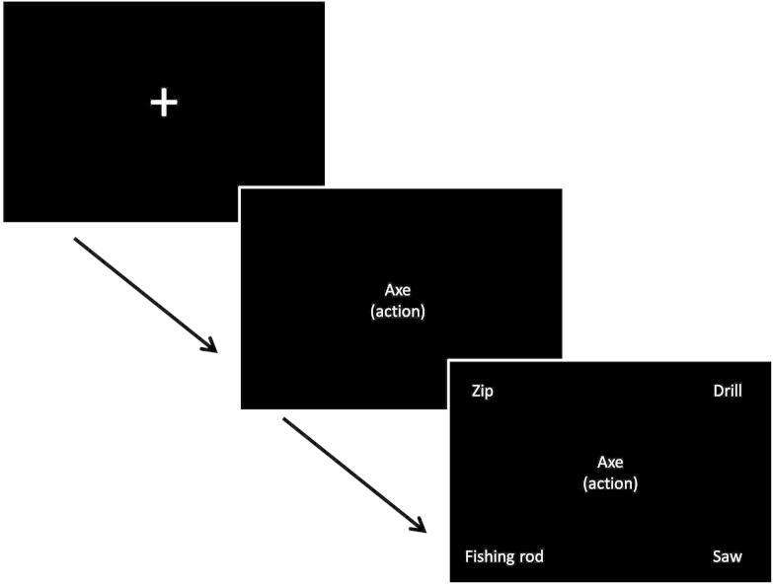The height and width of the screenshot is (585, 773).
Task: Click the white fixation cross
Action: click(x=163, y=103)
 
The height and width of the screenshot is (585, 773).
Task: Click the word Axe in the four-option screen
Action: click(x=610, y=463)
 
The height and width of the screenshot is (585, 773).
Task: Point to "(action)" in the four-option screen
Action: click(x=610, y=483)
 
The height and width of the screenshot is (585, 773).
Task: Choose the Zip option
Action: click(x=482, y=392)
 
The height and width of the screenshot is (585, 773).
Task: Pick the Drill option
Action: click(x=727, y=392)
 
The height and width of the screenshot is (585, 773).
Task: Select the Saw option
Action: click(x=727, y=557)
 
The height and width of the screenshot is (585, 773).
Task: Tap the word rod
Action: click(x=531, y=557)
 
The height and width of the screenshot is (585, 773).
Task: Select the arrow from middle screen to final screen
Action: click(x=354, y=475)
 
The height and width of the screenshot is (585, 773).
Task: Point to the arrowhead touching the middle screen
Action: click(x=210, y=346)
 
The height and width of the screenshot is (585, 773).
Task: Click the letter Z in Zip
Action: click(x=475, y=392)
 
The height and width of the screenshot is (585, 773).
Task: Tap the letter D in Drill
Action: click(x=717, y=392)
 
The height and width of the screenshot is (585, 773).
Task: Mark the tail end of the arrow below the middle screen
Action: click(x=285, y=419)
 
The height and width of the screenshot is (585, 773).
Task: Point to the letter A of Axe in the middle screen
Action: click(x=389, y=290)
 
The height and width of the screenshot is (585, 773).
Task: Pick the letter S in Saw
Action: click(x=717, y=557)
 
